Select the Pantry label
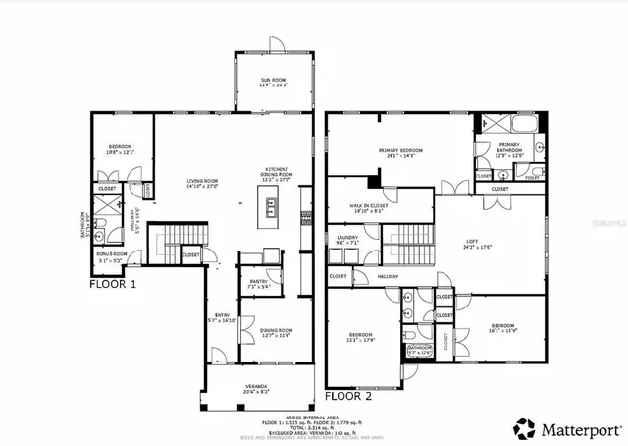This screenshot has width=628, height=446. [259, 284]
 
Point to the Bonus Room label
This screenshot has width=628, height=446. [113, 256]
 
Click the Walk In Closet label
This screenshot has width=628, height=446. [369, 207]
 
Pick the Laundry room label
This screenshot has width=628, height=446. [347, 239]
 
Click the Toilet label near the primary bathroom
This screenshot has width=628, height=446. [505, 177]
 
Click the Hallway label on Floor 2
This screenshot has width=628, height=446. [387, 276]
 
